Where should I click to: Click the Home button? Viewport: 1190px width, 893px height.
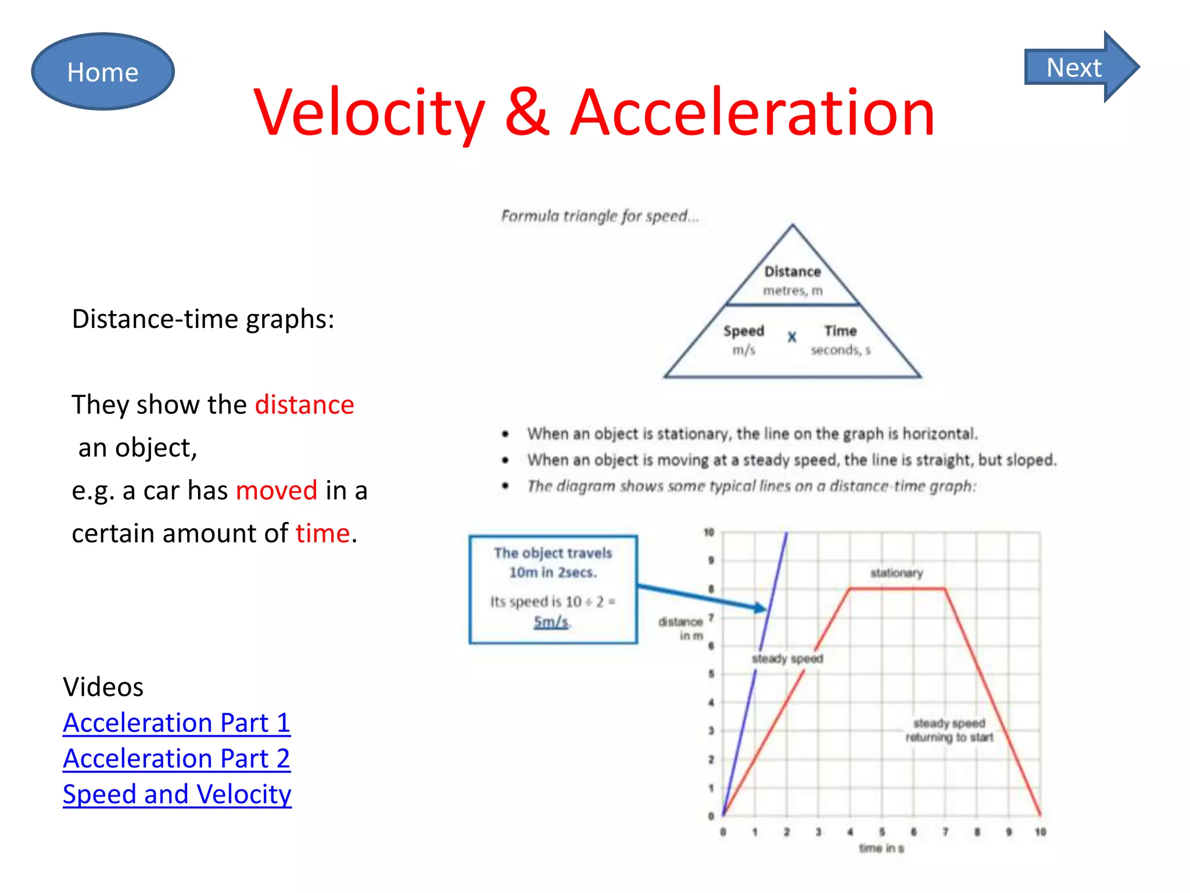pos(103,72)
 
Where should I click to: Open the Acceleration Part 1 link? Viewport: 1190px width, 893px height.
pos(177,723)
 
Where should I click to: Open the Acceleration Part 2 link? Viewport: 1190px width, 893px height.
pos(177,759)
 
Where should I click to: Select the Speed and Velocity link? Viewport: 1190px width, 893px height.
pos(177,794)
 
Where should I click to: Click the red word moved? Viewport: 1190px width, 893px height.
pos(277,490)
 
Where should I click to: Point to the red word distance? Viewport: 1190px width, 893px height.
pos(304,405)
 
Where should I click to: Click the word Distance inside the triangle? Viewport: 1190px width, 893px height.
pos(793,272)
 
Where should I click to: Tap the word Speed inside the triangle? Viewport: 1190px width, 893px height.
pos(744,331)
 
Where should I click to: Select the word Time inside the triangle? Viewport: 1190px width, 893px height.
pos(840,331)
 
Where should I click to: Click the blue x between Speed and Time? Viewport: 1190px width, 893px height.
pos(792,337)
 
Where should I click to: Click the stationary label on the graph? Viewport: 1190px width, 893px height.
pos(896,573)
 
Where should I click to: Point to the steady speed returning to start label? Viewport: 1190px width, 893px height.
pos(949,730)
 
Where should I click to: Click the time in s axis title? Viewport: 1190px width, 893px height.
pos(881,848)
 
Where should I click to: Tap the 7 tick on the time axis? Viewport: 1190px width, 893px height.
pos(945,832)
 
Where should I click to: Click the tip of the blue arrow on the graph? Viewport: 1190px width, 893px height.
pos(766,609)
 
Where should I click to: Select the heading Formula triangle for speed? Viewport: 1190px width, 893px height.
pos(600,216)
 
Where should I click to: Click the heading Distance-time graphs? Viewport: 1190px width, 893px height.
pos(203,319)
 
